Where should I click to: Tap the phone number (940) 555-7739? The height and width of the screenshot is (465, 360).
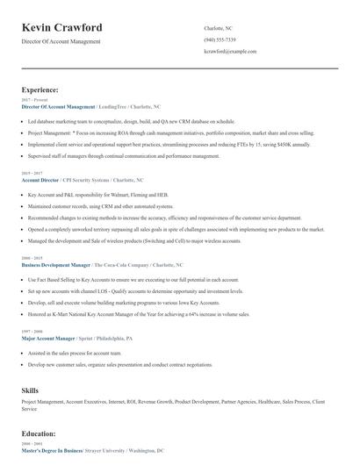[219, 39]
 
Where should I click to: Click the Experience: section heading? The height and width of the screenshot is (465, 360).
[40, 89]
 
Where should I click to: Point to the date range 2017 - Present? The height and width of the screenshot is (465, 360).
[32, 100]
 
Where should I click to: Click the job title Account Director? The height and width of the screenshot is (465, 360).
[41, 179]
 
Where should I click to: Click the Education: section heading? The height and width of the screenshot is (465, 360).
[41, 433]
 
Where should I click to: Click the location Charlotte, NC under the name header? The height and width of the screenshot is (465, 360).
[218, 28]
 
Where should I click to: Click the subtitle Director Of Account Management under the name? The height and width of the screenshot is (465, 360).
[61, 41]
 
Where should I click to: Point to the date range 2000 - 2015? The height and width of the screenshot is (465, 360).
[31, 258]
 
